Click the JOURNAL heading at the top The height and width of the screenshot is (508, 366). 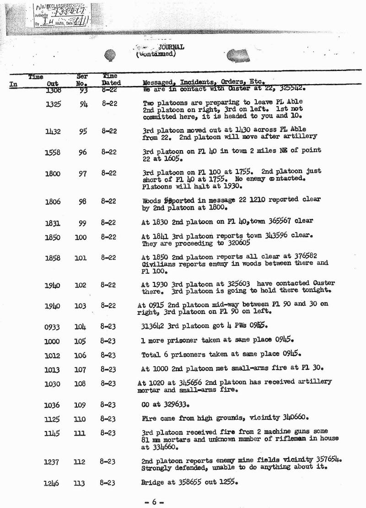point(171,47)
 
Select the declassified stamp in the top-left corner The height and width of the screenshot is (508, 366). point(61,15)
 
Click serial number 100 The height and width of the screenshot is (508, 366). point(81,238)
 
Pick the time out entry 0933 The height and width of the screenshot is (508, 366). point(53,327)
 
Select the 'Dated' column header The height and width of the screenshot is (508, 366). point(111,83)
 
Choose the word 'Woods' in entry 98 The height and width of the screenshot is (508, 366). point(151,200)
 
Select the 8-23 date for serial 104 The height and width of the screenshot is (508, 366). point(108,327)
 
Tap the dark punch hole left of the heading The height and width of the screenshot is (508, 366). point(110,55)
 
